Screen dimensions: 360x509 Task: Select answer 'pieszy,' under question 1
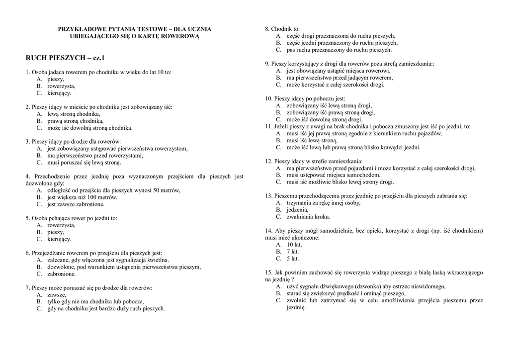(56, 79)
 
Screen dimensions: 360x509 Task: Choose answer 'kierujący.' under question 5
(59, 239)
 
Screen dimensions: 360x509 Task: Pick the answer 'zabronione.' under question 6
(62, 274)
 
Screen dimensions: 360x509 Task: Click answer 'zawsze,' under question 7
(57, 295)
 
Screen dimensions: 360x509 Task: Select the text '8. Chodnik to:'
(282, 29)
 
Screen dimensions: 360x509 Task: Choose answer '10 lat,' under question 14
(294, 245)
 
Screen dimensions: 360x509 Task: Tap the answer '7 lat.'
(293, 252)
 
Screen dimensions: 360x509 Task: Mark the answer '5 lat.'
(293, 259)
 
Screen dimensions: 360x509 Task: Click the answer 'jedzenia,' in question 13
(298, 210)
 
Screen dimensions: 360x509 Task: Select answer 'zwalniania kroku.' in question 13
(308, 217)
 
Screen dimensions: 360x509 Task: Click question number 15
(268, 272)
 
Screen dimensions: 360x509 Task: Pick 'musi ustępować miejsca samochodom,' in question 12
(334, 175)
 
